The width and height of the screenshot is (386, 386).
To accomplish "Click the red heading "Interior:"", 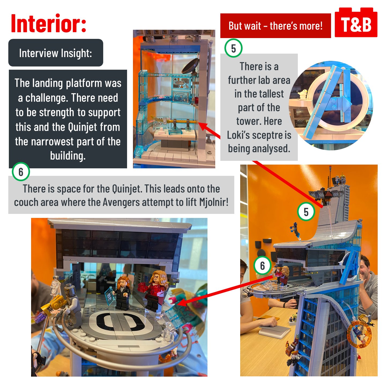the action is click(x=49, y=23).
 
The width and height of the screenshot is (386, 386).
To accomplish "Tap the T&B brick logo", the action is click(x=356, y=23).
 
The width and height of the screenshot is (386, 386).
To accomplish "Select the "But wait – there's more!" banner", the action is click(x=276, y=26).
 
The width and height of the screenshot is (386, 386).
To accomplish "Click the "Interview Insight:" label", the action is click(x=56, y=53).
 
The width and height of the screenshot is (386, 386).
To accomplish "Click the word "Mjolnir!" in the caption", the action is click(x=214, y=202).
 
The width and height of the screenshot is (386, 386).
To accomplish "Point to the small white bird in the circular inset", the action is click(x=302, y=94).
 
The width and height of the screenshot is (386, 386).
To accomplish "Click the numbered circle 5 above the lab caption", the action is click(x=233, y=49).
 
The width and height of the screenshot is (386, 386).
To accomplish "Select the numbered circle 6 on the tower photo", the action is click(x=262, y=266).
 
